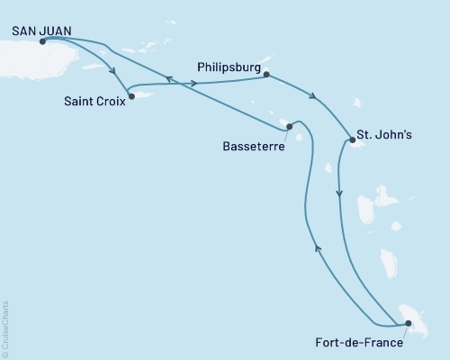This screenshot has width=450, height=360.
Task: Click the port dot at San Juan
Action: (42, 40)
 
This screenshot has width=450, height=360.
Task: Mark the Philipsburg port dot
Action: (266, 76)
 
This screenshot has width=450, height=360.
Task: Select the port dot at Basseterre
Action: (289, 127)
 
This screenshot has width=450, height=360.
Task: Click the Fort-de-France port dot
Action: (408, 323)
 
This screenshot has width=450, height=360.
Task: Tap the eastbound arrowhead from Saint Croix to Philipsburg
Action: (196, 84)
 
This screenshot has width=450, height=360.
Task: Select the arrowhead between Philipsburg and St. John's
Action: (313, 97)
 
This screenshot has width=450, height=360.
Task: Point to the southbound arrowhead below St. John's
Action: (339, 193)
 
